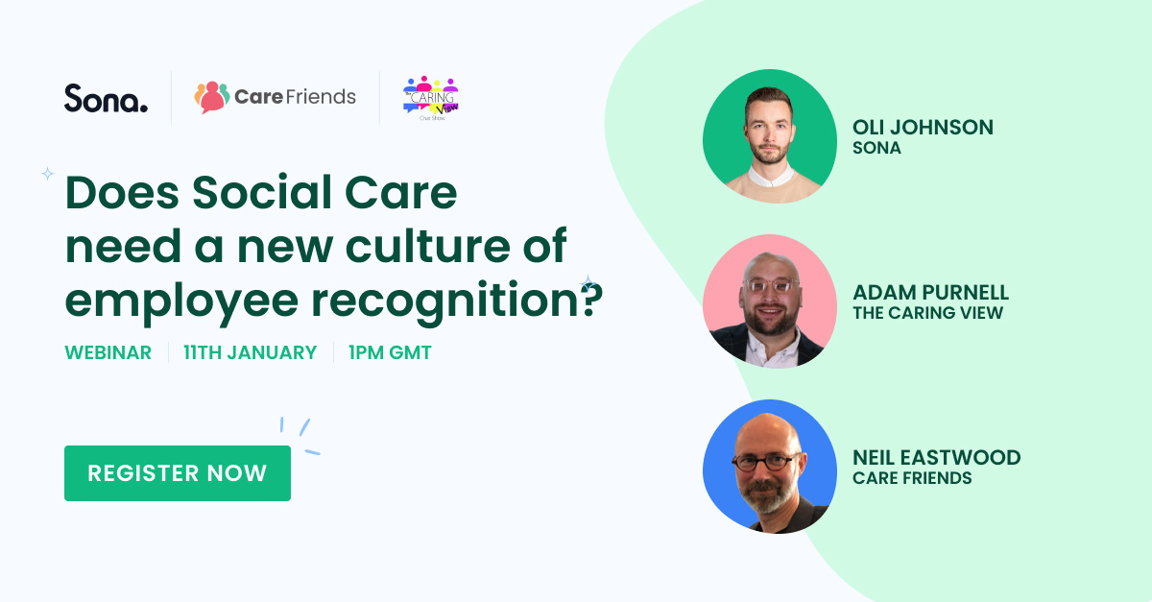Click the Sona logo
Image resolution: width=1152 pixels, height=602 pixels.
point(106,98)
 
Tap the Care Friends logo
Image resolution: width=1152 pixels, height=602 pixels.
point(275,97)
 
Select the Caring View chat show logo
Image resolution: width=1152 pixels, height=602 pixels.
point(431,98)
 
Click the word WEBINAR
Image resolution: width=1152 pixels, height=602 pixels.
point(108,352)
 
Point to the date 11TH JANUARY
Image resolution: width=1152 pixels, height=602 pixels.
point(250,352)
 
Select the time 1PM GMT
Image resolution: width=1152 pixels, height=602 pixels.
point(390,352)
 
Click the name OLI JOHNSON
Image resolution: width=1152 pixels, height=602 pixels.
point(923,127)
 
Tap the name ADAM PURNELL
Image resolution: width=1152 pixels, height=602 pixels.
point(930,293)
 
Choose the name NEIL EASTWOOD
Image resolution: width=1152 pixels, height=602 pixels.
point(936,457)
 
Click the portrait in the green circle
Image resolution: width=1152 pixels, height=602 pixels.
point(770,136)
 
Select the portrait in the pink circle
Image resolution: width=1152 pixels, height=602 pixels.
point(770,301)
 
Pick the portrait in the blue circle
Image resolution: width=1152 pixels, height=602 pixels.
point(770,467)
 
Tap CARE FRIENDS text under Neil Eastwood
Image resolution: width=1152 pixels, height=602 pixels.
point(912,478)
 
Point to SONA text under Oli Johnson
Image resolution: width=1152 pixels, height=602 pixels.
point(876,148)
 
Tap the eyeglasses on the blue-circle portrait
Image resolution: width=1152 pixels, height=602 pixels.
point(763,462)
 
